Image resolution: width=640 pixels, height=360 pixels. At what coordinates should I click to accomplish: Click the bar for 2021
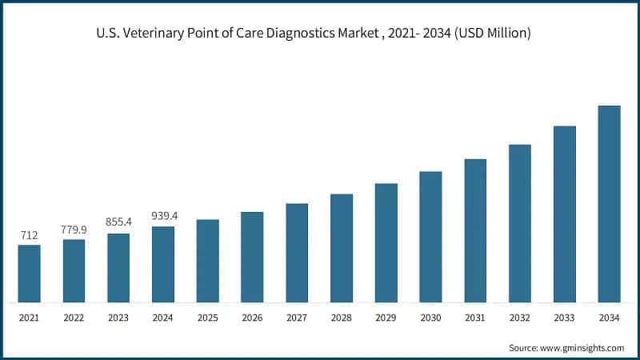click(30, 274)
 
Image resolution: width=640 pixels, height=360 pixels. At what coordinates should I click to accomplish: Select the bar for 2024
click(163, 264)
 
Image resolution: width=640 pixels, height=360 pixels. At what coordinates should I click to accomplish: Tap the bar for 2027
click(297, 253)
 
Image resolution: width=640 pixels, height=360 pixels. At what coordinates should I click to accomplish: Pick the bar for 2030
click(430, 237)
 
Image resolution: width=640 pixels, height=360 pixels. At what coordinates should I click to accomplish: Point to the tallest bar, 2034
click(609, 204)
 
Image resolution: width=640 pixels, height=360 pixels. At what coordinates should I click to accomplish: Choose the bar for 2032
click(520, 223)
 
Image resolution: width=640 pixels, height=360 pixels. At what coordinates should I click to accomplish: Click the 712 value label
click(30, 236)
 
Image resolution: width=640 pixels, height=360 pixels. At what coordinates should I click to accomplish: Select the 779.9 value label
click(74, 230)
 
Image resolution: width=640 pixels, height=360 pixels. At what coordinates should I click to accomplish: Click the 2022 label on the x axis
click(74, 318)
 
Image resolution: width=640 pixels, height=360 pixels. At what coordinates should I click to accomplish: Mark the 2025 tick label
click(208, 318)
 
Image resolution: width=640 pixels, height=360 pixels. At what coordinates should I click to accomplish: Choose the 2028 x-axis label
click(342, 318)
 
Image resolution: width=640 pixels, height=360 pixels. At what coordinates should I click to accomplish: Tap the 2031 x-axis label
click(475, 318)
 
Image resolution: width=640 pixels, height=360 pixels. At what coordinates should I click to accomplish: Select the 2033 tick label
click(565, 318)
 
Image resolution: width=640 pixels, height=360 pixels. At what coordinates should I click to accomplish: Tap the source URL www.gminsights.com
click(583, 348)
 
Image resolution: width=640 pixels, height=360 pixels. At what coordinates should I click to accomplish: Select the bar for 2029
click(386, 243)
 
